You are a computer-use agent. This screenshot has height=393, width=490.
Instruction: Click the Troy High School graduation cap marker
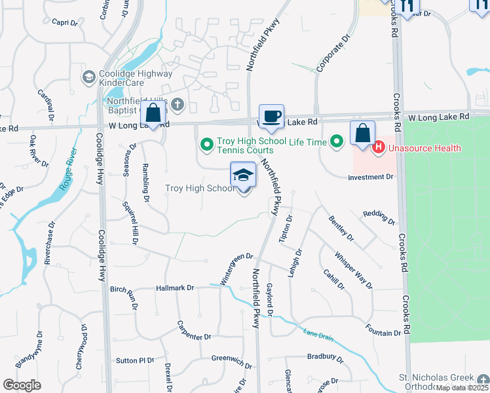[x=243, y=176]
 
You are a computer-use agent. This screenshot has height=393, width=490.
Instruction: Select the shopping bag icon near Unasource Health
[x=362, y=134]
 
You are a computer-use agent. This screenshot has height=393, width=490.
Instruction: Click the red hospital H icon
[x=378, y=147]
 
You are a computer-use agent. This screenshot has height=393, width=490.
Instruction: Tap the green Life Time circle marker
[x=337, y=141]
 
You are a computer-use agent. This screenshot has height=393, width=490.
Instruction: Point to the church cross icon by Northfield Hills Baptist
[x=177, y=105]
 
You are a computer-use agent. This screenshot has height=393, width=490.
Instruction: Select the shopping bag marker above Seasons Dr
[x=153, y=113]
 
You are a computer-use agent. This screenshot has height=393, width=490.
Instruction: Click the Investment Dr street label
[x=370, y=177]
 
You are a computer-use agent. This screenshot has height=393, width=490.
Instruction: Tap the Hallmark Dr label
[x=176, y=288]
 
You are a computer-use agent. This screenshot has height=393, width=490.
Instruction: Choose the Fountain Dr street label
[x=383, y=333]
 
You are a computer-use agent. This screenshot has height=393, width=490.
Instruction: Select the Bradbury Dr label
[x=325, y=357]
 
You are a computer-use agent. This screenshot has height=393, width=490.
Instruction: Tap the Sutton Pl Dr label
[x=135, y=360]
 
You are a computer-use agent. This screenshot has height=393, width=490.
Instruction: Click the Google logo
[x=22, y=385]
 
